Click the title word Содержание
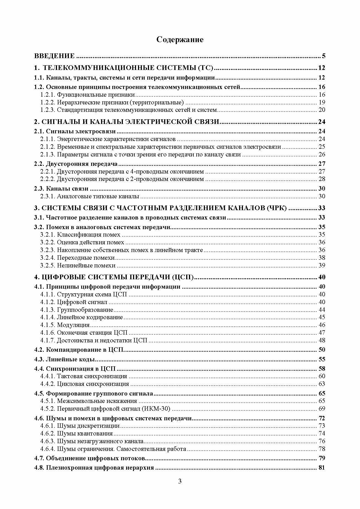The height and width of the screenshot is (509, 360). tap(180, 40)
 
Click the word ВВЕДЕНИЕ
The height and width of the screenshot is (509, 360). tap(54, 56)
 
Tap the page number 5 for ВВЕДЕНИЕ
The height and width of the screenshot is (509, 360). tap(324, 56)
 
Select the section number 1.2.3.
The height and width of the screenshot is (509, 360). tap(48, 110)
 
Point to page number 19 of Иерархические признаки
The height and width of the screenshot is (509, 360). tap(322, 102)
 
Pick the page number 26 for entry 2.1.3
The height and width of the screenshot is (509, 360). tap(322, 155)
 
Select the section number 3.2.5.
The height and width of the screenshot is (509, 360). tap(48, 266)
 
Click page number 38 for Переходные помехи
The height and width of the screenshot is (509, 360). tap(322, 258)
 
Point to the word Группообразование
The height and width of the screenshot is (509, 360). tap(85, 310)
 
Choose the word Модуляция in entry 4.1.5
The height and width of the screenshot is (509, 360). tap(73, 325)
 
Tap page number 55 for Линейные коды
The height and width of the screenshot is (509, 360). tap(322, 359)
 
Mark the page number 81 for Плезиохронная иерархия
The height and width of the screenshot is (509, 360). tap(322, 467)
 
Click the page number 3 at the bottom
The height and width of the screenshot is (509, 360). tap(180, 489)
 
